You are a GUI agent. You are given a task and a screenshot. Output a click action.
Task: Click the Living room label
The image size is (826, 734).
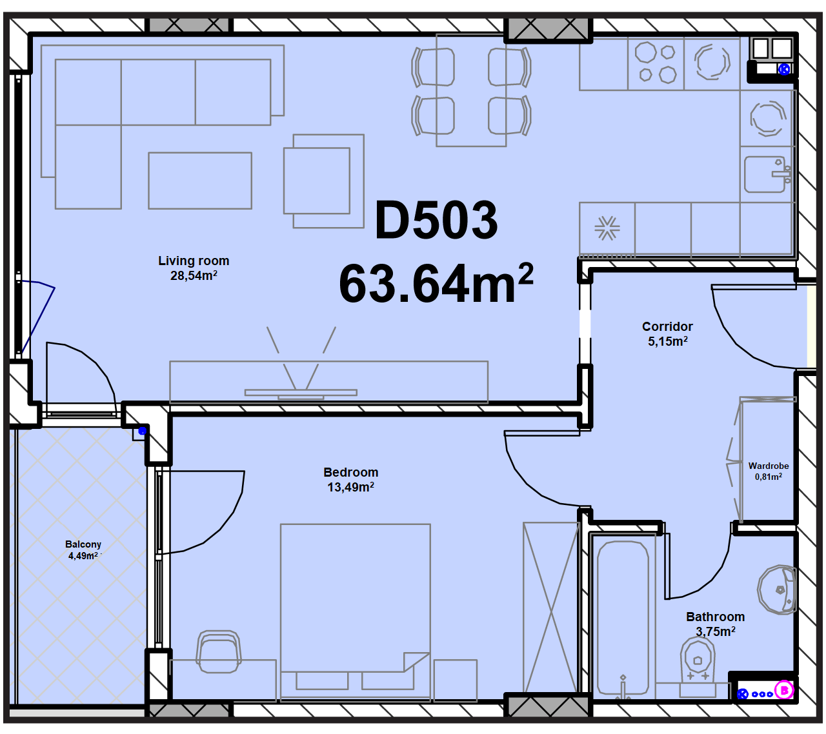pyautogui.click(x=193, y=261)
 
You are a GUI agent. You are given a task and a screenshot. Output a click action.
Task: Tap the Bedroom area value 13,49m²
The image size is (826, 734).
pyautogui.click(x=350, y=487)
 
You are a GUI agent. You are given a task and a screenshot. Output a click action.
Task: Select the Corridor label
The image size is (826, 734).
pyautogui.click(x=667, y=326)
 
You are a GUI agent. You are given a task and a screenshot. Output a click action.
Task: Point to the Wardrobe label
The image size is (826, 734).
pyautogui.click(x=768, y=466)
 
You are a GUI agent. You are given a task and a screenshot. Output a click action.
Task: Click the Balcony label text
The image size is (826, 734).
pyautogui.click(x=83, y=544)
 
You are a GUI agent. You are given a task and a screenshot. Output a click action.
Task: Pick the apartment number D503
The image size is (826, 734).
pyautogui.click(x=436, y=221)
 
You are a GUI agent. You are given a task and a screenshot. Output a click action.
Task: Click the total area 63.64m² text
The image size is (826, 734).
pyautogui.click(x=436, y=283)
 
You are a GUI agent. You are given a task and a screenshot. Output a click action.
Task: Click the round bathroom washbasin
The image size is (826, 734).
pyautogui.click(x=777, y=590)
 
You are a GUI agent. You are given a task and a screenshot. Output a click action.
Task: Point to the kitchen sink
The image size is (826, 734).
pyautogui.click(x=767, y=174)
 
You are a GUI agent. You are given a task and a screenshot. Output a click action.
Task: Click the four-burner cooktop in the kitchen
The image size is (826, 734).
pyautogui.click(x=656, y=64)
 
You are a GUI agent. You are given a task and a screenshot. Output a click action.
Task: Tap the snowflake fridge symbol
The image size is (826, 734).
pyautogui.click(x=607, y=228)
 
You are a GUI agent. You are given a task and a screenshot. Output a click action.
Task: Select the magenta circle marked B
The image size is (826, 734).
pyautogui.click(x=783, y=691)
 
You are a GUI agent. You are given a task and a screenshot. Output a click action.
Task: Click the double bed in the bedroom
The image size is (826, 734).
pyautogui.click(x=355, y=612)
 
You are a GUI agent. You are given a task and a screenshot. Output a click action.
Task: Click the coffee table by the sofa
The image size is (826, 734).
pyautogui.click(x=200, y=181)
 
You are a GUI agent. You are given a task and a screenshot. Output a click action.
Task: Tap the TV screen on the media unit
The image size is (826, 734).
pyautogui.click(x=301, y=392)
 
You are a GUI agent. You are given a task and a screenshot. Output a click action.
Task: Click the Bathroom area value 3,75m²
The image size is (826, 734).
pyautogui.click(x=716, y=631)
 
